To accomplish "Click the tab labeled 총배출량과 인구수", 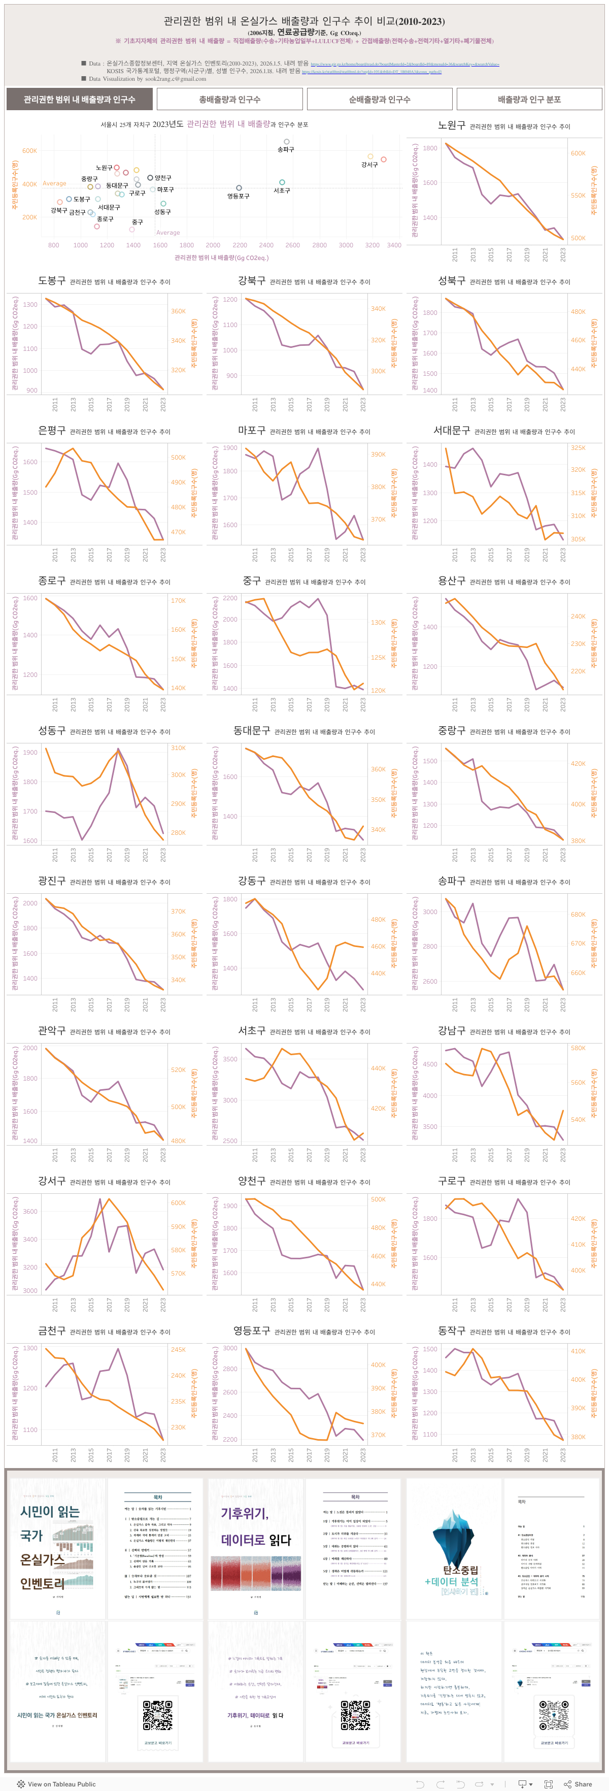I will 229,100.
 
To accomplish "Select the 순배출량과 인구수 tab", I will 380,100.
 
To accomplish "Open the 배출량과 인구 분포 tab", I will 529,100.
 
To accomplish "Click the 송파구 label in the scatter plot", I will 286,149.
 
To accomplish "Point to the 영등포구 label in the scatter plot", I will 239,196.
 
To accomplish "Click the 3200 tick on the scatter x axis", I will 372,245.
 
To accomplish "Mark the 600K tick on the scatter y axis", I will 29,150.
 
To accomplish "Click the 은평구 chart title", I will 51,431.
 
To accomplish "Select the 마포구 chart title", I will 252,431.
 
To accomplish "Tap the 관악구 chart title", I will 51,1030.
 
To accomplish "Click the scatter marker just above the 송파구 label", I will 286,142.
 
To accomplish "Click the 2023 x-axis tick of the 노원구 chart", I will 563,254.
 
